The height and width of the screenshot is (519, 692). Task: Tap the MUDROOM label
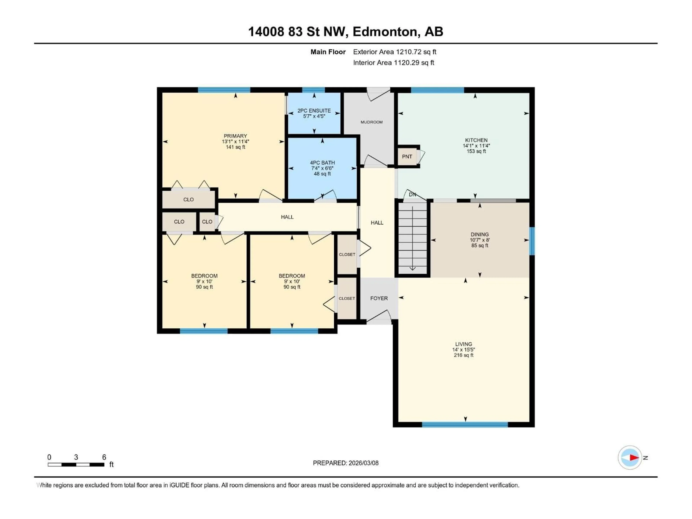coord(371,122)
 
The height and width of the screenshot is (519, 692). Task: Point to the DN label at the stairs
coord(412,195)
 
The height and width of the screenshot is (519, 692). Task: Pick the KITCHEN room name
coord(476,140)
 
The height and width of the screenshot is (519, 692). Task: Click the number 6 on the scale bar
coord(104,457)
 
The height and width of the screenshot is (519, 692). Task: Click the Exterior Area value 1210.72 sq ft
coord(416,52)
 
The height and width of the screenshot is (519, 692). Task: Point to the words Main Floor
coord(328,52)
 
